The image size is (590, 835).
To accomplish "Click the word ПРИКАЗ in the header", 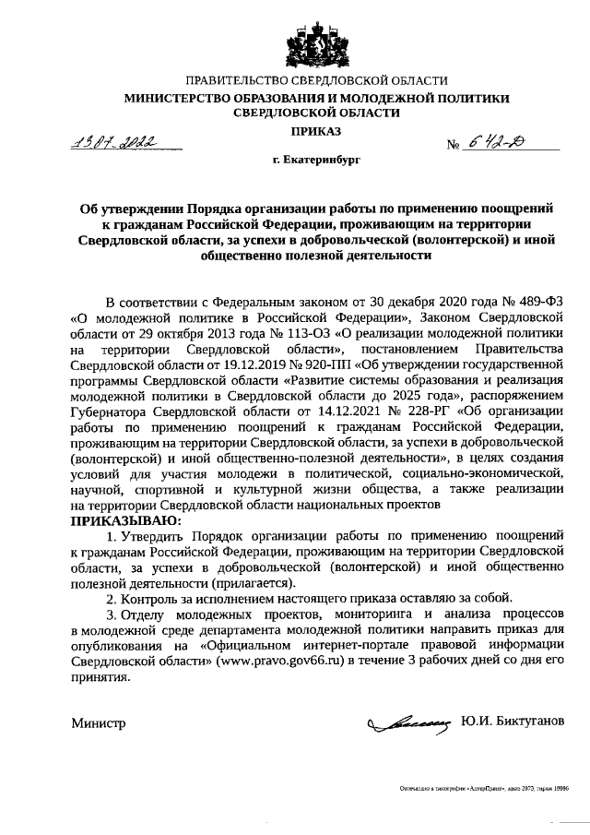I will pos(295,133).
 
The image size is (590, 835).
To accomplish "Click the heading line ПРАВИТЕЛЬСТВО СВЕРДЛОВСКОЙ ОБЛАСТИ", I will pos(295,82).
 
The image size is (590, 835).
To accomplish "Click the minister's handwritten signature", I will pos(407,723).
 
